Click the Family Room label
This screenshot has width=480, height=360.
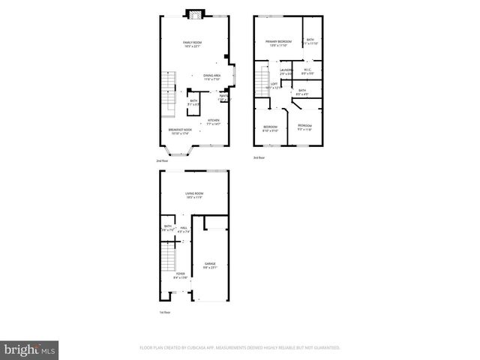coord(193,43)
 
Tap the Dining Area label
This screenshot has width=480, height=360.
coord(211,76)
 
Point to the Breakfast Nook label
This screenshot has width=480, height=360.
coord(179,132)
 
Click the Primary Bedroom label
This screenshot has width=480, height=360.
coord(278,42)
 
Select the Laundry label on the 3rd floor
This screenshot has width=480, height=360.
coord(286,70)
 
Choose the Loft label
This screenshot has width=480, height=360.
coord(274,85)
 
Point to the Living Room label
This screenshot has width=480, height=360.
coord(195,194)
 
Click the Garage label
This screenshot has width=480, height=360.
coord(211,264)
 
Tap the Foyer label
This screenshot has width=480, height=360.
coord(181,274)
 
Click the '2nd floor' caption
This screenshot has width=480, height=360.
coord(161,161)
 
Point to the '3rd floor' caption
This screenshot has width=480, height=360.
coord(259,157)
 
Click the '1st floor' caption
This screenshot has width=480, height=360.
coord(164,311)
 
